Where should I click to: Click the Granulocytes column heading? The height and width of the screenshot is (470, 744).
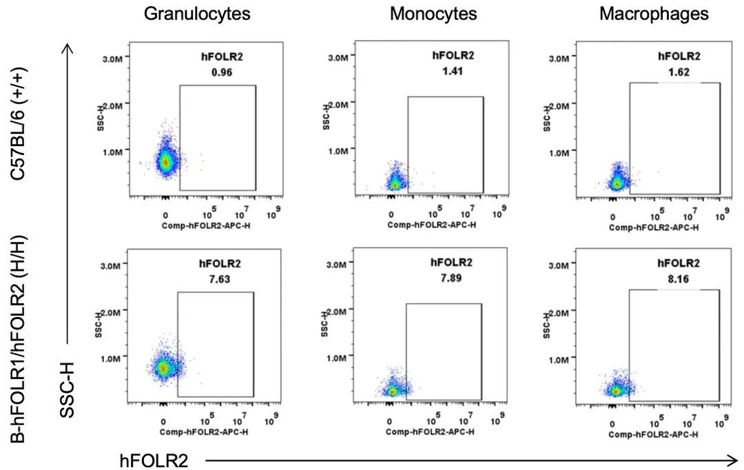(197, 14)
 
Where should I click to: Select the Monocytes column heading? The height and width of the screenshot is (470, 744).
(433, 14)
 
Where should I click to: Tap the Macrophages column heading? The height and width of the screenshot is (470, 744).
(654, 14)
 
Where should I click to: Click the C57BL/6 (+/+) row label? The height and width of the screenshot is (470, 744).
(19, 123)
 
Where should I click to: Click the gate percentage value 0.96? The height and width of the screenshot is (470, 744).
(222, 72)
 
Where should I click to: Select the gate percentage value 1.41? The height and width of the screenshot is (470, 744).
(453, 71)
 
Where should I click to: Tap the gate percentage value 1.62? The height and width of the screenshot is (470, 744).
(679, 72)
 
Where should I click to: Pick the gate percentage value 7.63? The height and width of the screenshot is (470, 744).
(220, 279)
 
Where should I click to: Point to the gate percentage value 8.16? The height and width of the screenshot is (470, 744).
(679, 278)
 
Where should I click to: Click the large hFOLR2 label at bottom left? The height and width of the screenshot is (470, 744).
(154, 460)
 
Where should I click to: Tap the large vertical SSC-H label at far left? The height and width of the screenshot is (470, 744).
(68, 390)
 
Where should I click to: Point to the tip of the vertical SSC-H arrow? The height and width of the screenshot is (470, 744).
(68, 45)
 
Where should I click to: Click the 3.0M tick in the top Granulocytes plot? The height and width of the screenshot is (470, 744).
(113, 59)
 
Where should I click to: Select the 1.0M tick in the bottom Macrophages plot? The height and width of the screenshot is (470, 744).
(559, 360)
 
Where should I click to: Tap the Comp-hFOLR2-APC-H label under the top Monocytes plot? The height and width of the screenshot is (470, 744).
(432, 225)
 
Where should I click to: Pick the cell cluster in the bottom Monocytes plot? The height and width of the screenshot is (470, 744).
(393, 389)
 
